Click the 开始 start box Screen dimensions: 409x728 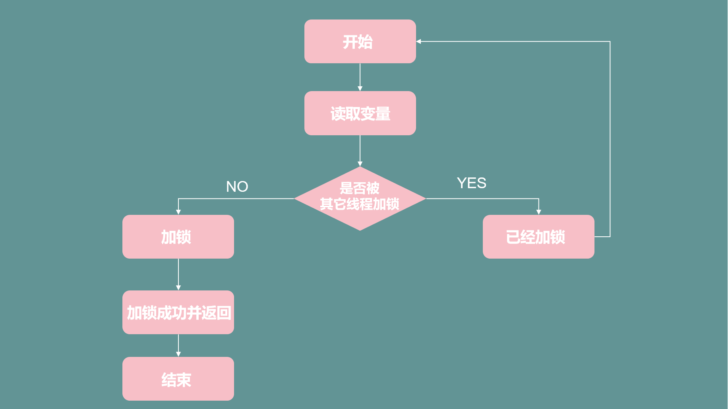[x=360, y=41]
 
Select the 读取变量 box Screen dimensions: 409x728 [x=360, y=113]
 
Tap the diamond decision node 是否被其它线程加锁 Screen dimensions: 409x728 [x=360, y=198]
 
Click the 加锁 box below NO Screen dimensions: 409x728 [x=178, y=237]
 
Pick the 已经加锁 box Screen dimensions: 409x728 [x=538, y=237]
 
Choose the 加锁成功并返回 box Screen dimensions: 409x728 [x=178, y=312]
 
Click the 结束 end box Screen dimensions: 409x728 [x=178, y=379]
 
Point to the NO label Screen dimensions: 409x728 [x=237, y=187]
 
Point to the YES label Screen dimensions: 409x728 [x=472, y=183]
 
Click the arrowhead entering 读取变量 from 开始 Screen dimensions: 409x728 [x=360, y=89]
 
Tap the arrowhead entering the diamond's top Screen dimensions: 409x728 [x=360, y=164]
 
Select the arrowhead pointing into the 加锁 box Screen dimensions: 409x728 [x=178, y=212]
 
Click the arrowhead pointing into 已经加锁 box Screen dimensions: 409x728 [x=539, y=212]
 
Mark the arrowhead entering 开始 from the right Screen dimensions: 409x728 [x=419, y=41]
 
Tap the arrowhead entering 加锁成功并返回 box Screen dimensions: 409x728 [x=178, y=288]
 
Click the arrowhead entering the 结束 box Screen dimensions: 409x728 [x=178, y=354]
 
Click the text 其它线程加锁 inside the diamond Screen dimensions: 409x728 [x=360, y=204]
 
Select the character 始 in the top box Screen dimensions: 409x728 [x=366, y=42]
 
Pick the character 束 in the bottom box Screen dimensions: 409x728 [x=184, y=380]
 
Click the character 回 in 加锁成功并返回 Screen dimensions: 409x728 [x=224, y=313]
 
